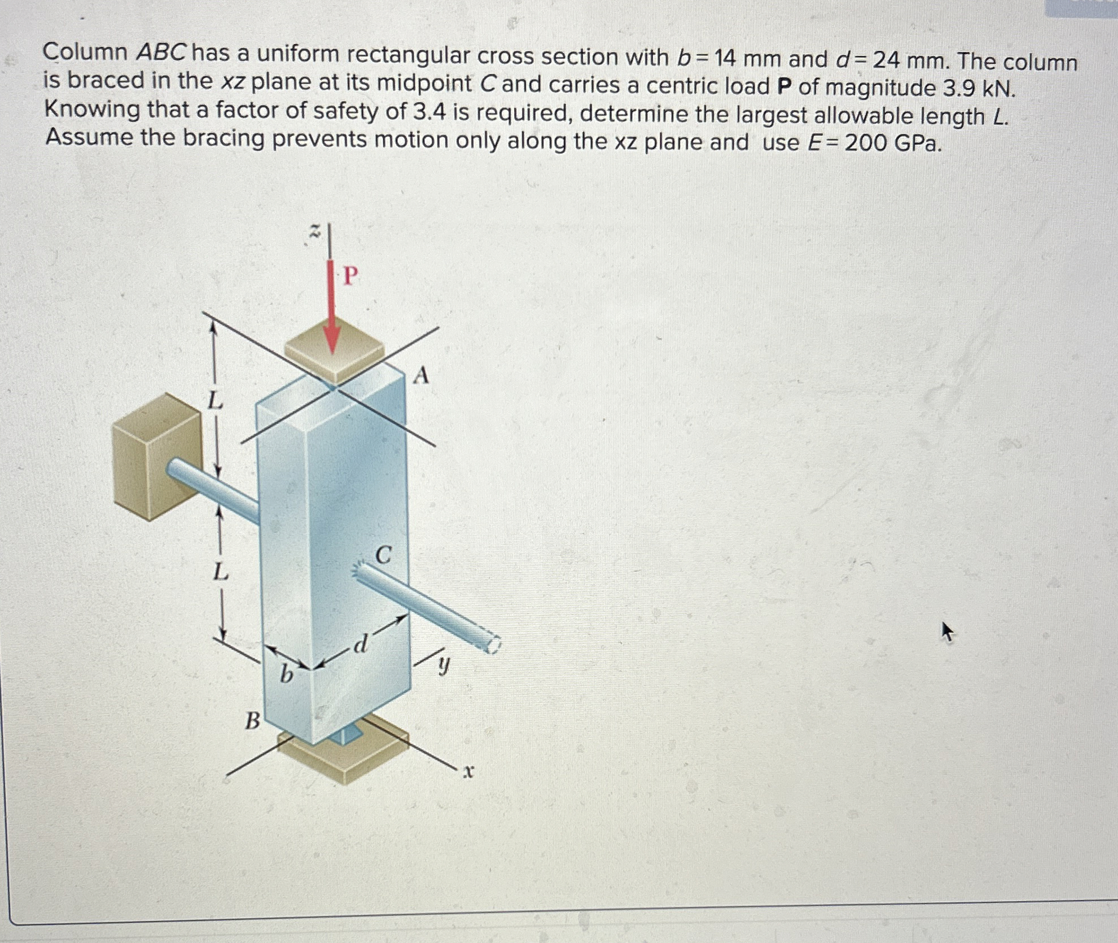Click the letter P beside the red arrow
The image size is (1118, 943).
[350, 277]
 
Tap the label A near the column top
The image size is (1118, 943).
[421, 376]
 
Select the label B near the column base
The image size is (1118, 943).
[252, 721]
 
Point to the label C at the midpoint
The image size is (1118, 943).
[383, 555]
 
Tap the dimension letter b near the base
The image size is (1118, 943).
[287, 673]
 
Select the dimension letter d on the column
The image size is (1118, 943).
[361, 643]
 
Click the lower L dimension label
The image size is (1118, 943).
[220, 573]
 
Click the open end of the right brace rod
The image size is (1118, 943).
[492, 644]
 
